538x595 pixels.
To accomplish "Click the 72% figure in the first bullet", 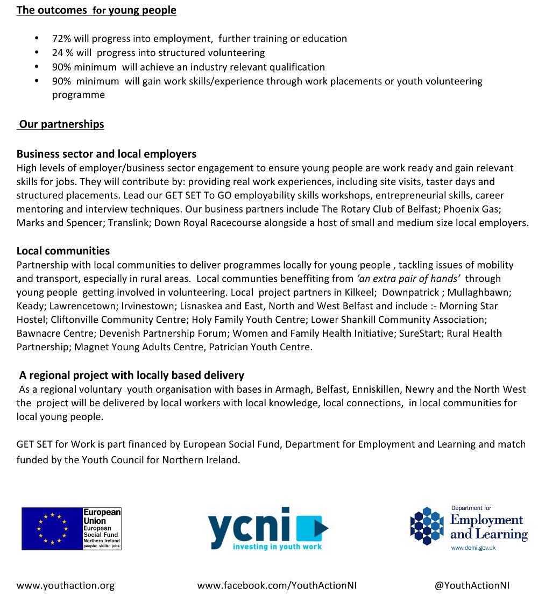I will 61,39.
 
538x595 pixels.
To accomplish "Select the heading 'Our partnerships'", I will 61,125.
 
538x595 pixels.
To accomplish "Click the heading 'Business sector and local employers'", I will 107,154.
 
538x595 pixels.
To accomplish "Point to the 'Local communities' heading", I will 63,251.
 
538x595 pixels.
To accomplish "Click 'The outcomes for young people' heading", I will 96,10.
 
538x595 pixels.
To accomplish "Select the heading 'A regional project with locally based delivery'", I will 132,375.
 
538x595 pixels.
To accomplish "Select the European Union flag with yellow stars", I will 52,529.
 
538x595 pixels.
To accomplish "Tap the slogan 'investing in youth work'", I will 277,547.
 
